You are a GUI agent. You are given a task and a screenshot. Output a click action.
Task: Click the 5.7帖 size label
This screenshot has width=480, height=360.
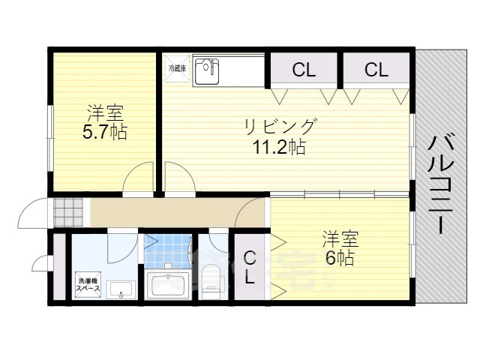click(104, 133)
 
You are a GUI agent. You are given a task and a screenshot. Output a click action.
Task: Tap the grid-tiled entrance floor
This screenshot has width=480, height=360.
click(66, 212)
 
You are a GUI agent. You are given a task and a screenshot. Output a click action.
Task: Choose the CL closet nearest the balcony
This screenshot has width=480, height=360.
click(376, 70)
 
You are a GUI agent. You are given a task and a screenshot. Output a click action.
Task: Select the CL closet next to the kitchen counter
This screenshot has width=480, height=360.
click(304, 70)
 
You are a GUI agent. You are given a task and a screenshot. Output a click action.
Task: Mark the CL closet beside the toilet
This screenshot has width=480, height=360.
click(250, 267)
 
